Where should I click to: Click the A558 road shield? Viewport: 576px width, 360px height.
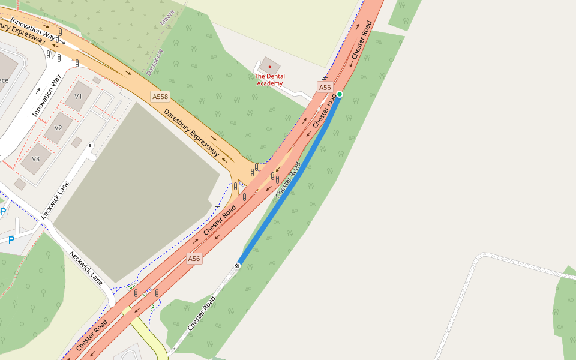pyautogui.click(x=160, y=96)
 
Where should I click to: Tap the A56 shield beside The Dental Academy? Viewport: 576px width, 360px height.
pyautogui.click(x=325, y=88)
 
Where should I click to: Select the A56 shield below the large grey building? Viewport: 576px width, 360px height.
pyautogui.click(x=193, y=259)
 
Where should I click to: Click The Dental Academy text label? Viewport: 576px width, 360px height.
pyautogui.click(x=270, y=80)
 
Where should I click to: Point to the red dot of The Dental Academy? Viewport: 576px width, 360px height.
pyautogui.click(x=270, y=66)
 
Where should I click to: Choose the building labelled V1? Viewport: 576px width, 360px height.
pyautogui.click(x=79, y=96)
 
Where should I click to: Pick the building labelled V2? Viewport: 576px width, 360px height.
pyautogui.click(x=58, y=127)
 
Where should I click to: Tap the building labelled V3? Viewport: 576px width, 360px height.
pyautogui.click(x=36, y=158)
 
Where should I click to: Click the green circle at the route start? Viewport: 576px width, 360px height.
pyautogui.click(x=340, y=94)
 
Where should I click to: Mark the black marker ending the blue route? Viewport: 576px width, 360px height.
pyautogui.click(x=238, y=265)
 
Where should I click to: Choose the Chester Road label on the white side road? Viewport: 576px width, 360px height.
pyautogui.click(x=201, y=313)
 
